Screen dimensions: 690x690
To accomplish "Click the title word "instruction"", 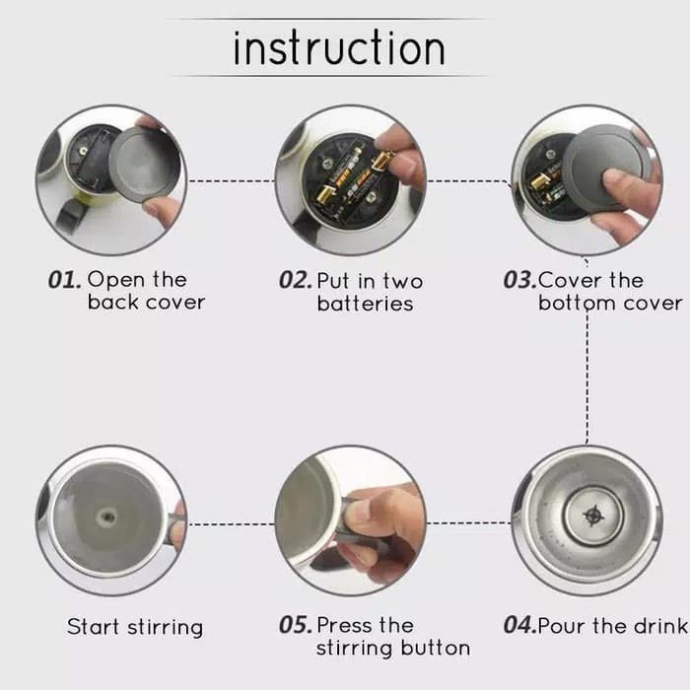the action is [339, 47].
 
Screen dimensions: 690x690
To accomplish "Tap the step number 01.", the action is [64, 280].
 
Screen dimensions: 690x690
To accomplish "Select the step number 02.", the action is [296, 280].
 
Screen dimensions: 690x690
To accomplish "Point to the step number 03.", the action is [519, 280].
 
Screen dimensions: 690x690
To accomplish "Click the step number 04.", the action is [519, 625].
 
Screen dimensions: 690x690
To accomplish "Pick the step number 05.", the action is [296, 625].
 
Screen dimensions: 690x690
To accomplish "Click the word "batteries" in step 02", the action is [366, 304].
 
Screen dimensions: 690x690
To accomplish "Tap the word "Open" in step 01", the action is [116, 281].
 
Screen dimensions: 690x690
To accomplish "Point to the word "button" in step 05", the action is [436, 648].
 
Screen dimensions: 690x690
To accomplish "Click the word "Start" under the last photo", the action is [93, 626].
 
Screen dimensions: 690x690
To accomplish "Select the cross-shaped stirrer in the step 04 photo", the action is [593, 516].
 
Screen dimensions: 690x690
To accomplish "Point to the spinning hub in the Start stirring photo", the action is [106, 517].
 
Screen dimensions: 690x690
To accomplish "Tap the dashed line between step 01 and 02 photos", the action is [232, 180].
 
